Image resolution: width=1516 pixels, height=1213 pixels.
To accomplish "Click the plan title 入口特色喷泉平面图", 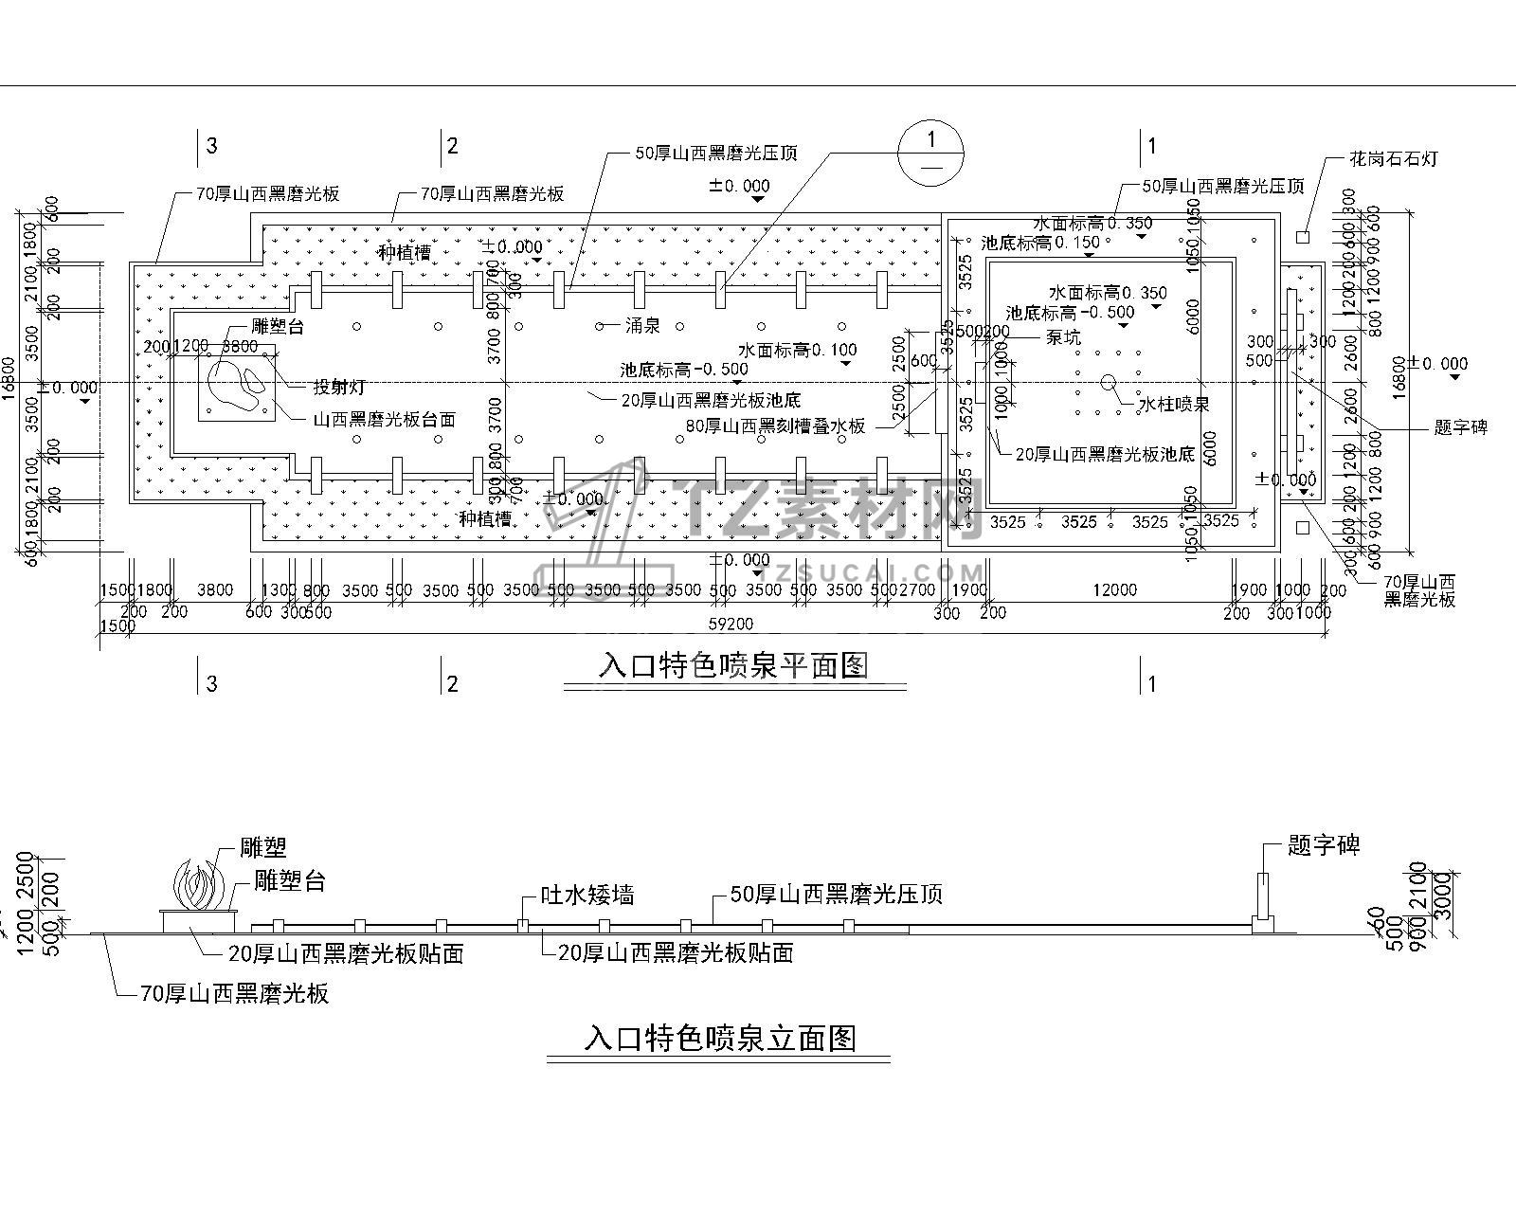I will pos(732,665).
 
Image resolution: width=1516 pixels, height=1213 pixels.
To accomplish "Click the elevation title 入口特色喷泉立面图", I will pos(720,1039).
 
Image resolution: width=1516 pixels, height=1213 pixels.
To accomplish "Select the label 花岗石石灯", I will pos(1394,158).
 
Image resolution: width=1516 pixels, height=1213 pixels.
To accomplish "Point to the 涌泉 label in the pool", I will pos(641,325).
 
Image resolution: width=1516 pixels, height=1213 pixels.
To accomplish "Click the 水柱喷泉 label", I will pos(1173,405).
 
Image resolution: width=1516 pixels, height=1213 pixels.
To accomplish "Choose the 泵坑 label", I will pos(1062,336).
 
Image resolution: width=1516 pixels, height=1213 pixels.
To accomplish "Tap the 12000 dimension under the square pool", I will pos(1114,589).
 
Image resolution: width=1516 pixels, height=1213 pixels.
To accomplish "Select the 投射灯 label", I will pos(339,387).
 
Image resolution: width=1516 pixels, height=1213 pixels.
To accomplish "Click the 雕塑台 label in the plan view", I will pos(278,326).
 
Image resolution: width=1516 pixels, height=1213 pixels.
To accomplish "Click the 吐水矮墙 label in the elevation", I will pos(587,895).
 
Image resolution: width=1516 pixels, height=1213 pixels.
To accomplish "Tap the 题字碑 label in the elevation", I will pos(1324,846).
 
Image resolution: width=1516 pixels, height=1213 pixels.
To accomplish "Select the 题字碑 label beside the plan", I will pos(1460,427).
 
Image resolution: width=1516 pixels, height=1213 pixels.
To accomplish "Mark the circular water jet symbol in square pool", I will pos(1108,383).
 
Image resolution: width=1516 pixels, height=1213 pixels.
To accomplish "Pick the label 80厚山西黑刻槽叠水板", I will pos(776,426).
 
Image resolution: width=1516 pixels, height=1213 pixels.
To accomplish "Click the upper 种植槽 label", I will pos(405,253).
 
